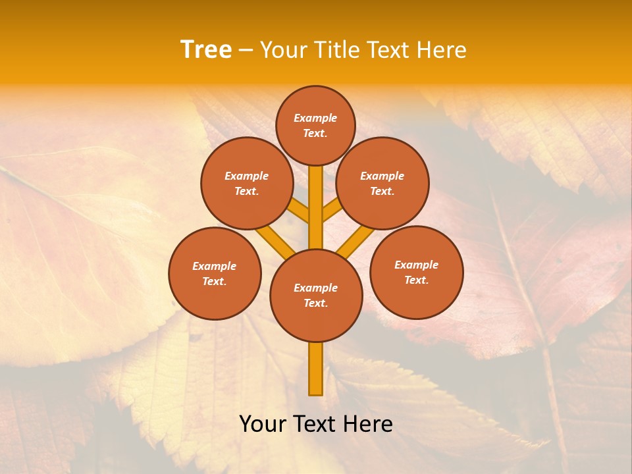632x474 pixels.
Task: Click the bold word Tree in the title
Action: pyautogui.click(x=206, y=49)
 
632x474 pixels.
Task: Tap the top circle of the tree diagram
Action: pyautogui.click(x=315, y=125)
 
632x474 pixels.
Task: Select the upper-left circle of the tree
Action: pyautogui.click(x=247, y=183)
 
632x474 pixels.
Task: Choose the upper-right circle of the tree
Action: pyautogui.click(x=382, y=183)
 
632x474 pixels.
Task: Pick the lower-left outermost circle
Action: pyautogui.click(x=215, y=273)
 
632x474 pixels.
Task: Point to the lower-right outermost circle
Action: pyautogui.click(x=417, y=272)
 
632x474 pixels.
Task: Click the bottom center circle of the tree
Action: pyautogui.click(x=316, y=295)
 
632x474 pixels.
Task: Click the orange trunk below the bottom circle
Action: pyautogui.click(x=316, y=369)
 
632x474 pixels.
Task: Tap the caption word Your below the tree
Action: pyautogui.click(x=263, y=424)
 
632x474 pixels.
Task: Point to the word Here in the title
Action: pyautogui.click(x=440, y=49)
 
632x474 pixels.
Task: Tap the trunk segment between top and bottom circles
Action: pyautogui.click(x=316, y=207)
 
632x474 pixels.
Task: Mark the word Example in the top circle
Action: pyautogui.click(x=315, y=118)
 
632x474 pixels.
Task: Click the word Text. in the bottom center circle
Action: pyautogui.click(x=315, y=303)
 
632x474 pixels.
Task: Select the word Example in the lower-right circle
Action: pyautogui.click(x=416, y=265)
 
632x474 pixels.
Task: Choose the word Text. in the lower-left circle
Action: pyautogui.click(x=215, y=281)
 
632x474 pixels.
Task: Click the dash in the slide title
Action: pyautogui.click(x=246, y=50)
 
